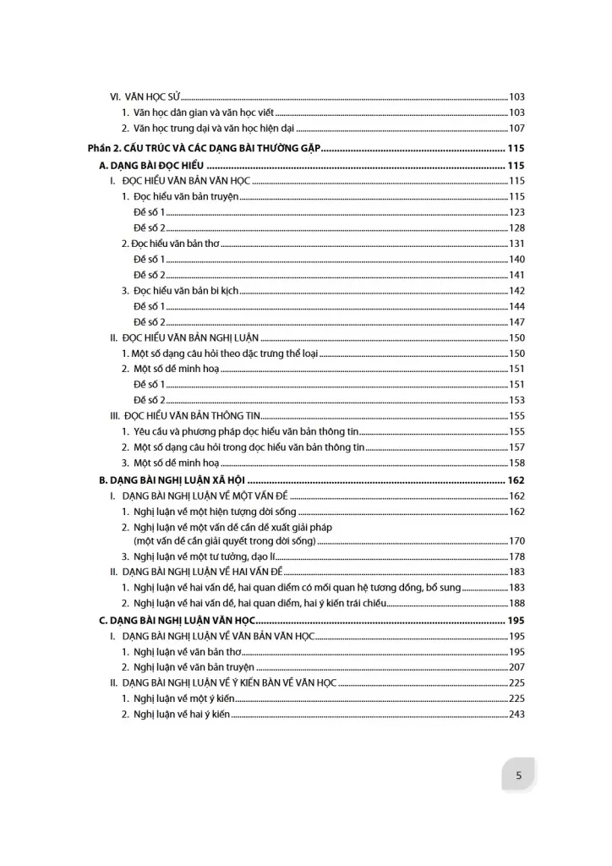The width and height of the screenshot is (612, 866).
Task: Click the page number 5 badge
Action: [x=518, y=775]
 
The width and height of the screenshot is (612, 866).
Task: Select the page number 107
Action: [x=516, y=129]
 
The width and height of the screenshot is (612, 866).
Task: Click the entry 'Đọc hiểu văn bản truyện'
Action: [x=180, y=196]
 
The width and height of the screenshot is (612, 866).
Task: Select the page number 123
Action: [x=516, y=212]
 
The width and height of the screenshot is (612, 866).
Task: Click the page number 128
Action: [x=516, y=228]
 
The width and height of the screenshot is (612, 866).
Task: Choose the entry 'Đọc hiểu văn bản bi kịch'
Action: [x=180, y=291]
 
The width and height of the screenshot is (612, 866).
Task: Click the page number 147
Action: [x=516, y=322]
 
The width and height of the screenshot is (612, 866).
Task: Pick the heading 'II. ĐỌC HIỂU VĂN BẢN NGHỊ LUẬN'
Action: [x=184, y=337]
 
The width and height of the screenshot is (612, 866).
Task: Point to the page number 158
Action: [x=516, y=463]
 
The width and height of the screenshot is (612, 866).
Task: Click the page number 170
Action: [x=516, y=540]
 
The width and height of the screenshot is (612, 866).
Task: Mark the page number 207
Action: [x=516, y=667]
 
